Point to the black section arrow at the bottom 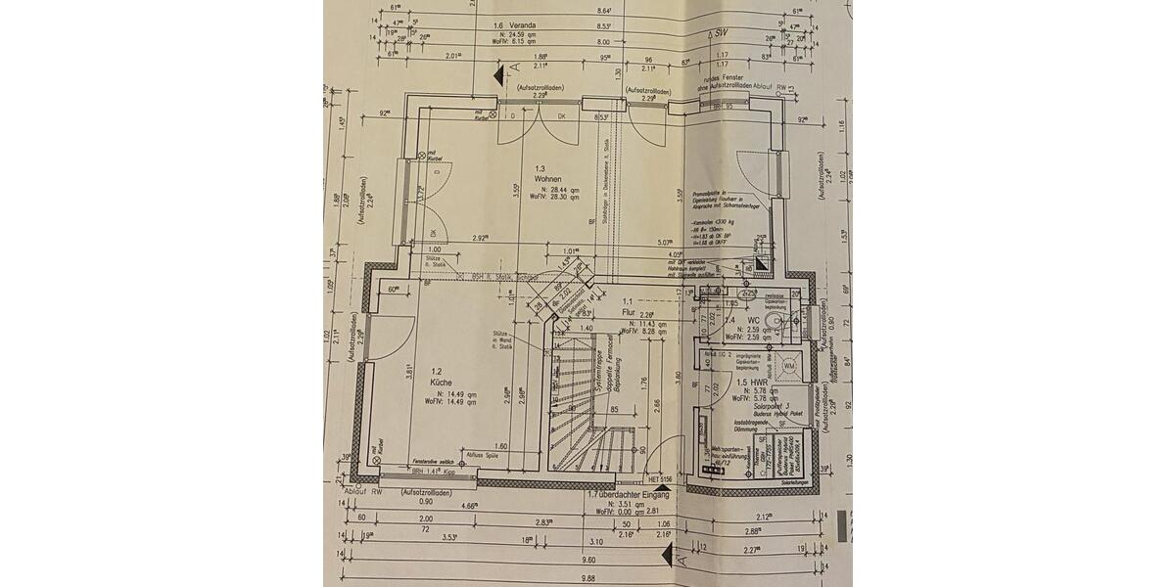coord(669,556)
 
